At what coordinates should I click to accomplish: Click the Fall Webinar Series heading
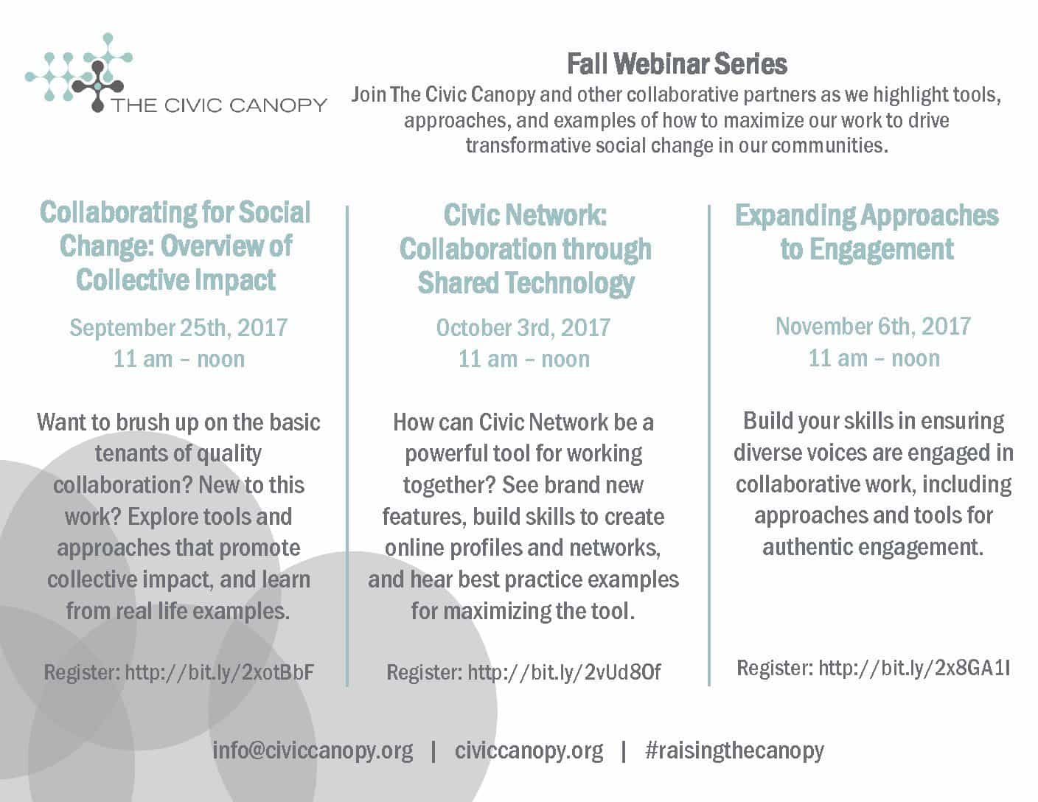tap(677, 64)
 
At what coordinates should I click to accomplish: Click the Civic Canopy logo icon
tap(80, 72)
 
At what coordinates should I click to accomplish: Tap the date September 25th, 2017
tap(178, 328)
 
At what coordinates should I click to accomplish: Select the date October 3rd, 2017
tap(523, 328)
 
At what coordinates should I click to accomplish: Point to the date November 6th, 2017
tap(873, 327)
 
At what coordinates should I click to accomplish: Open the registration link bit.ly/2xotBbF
tap(220, 672)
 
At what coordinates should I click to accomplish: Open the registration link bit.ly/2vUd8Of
tap(564, 672)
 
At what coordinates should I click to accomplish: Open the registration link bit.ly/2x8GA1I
tap(915, 668)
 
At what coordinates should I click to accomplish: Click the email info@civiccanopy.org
tap(313, 751)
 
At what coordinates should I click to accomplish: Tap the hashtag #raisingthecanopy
tap(734, 751)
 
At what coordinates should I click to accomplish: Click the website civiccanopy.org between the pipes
tap(529, 751)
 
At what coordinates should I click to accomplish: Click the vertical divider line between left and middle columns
tap(347, 446)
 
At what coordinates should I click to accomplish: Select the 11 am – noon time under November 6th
tap(874, 358)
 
